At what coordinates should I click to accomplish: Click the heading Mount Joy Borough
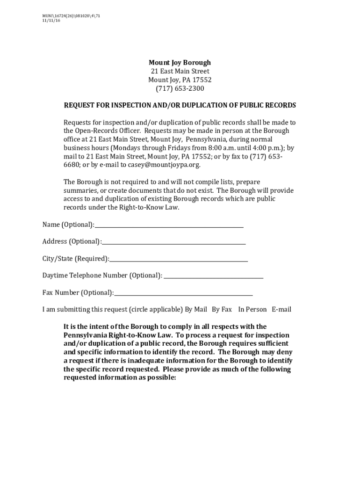click(180, 63)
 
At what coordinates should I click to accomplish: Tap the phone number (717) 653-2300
click(180, 89)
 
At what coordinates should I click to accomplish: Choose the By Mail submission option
click(196, 310)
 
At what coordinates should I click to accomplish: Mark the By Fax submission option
click(222, 310)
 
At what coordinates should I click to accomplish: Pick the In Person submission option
click(252, 310)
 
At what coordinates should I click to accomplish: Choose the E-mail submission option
click(281, 310)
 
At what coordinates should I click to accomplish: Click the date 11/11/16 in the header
click(51, 21)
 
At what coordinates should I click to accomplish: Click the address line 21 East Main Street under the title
click(180, 72)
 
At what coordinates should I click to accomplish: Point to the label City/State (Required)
click(76, 259)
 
